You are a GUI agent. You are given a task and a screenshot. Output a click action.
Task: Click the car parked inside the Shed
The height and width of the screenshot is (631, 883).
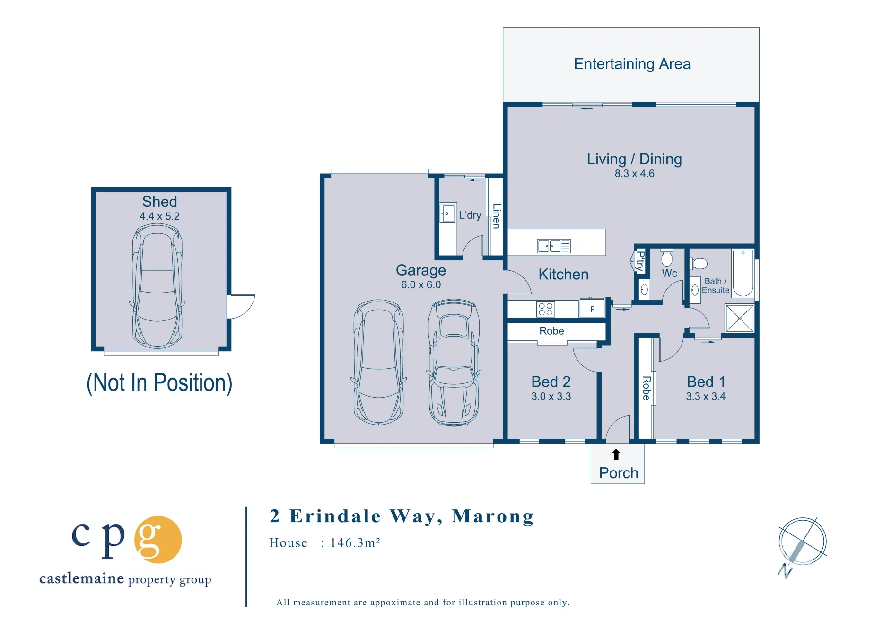(157, 286)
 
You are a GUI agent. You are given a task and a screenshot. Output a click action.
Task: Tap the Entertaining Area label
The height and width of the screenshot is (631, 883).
(632, 64)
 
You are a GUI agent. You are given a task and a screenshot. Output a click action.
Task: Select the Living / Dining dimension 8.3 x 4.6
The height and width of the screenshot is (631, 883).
(634, 174)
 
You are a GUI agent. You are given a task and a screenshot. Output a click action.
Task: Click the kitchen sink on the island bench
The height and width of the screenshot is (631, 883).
(554, 246)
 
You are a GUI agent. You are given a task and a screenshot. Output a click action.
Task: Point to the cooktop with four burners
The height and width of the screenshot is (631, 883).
(546, 309)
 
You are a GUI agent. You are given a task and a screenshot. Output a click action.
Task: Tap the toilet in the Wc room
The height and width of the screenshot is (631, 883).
(667, 258)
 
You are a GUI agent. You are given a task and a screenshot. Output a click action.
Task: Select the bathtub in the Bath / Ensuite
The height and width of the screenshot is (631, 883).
(743, 273)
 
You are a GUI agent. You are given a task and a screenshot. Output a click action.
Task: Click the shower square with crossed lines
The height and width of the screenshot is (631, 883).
(739, 318)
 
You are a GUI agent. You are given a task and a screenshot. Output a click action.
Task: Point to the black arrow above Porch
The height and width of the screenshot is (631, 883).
(616, 454)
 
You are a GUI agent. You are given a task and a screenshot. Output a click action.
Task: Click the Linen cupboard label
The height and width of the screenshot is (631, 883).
(496, 216)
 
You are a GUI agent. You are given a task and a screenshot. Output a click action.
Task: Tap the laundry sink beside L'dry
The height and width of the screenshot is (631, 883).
(447, 213)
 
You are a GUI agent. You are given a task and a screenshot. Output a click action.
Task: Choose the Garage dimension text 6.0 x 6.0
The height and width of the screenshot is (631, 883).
(421, 285)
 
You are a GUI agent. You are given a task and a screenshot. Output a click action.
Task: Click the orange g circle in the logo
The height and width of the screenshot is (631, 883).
(158, 540)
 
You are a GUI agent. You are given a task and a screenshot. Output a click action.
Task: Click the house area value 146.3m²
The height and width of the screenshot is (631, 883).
(355, 542)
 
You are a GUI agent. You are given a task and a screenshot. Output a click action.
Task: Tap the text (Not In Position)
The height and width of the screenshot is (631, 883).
(159, 382)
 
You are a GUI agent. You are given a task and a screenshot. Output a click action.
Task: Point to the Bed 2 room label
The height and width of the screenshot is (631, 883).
(551, 382)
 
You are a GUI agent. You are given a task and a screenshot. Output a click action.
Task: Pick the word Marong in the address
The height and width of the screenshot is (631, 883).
(493, 516)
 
